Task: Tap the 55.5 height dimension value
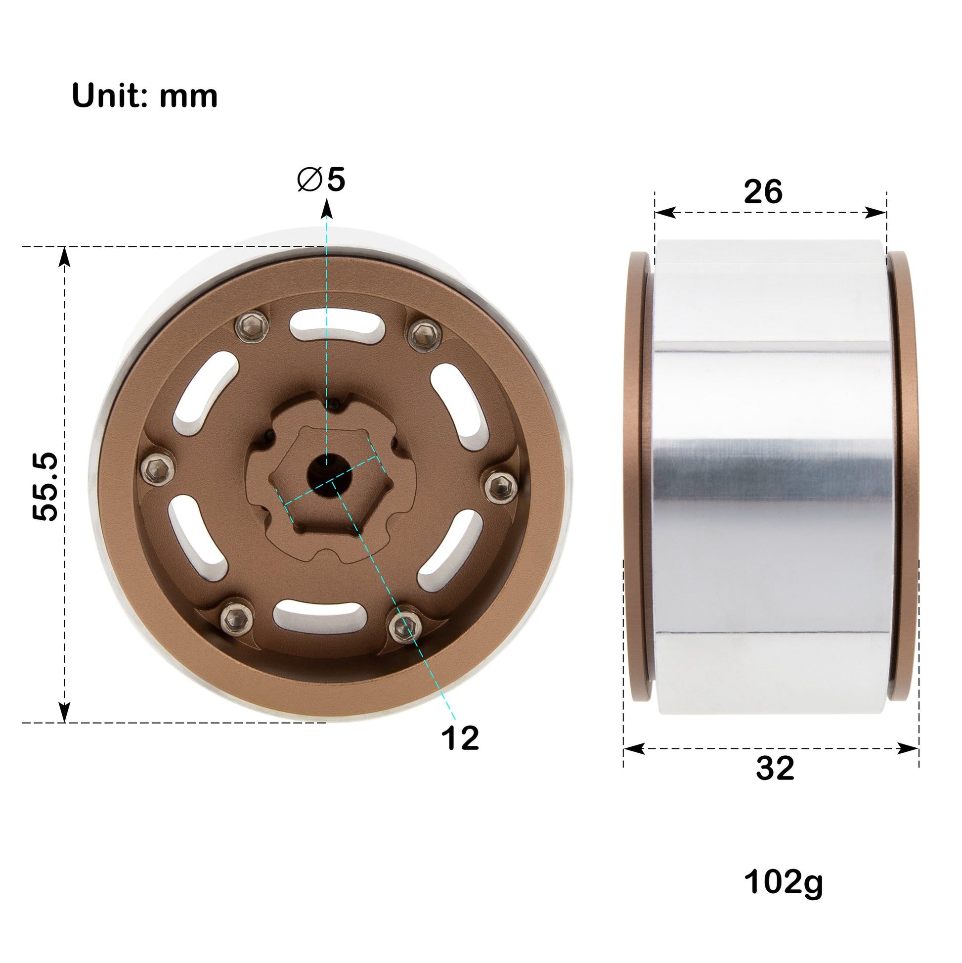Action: coord(46,487)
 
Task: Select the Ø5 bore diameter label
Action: coord(321,180)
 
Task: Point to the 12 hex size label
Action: coord(459,738)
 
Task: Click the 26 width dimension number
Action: coord(763,192)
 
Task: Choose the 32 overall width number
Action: coord(775,768)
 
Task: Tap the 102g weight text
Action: coord(783,882)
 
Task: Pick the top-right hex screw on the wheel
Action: coord(425,332)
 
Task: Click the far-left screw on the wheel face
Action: coord(157,468)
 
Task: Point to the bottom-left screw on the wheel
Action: coord(236,620)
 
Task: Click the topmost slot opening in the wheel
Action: coord(337,324)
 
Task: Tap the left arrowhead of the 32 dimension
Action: coord(634,749)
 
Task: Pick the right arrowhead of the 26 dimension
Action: coord(876,213)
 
